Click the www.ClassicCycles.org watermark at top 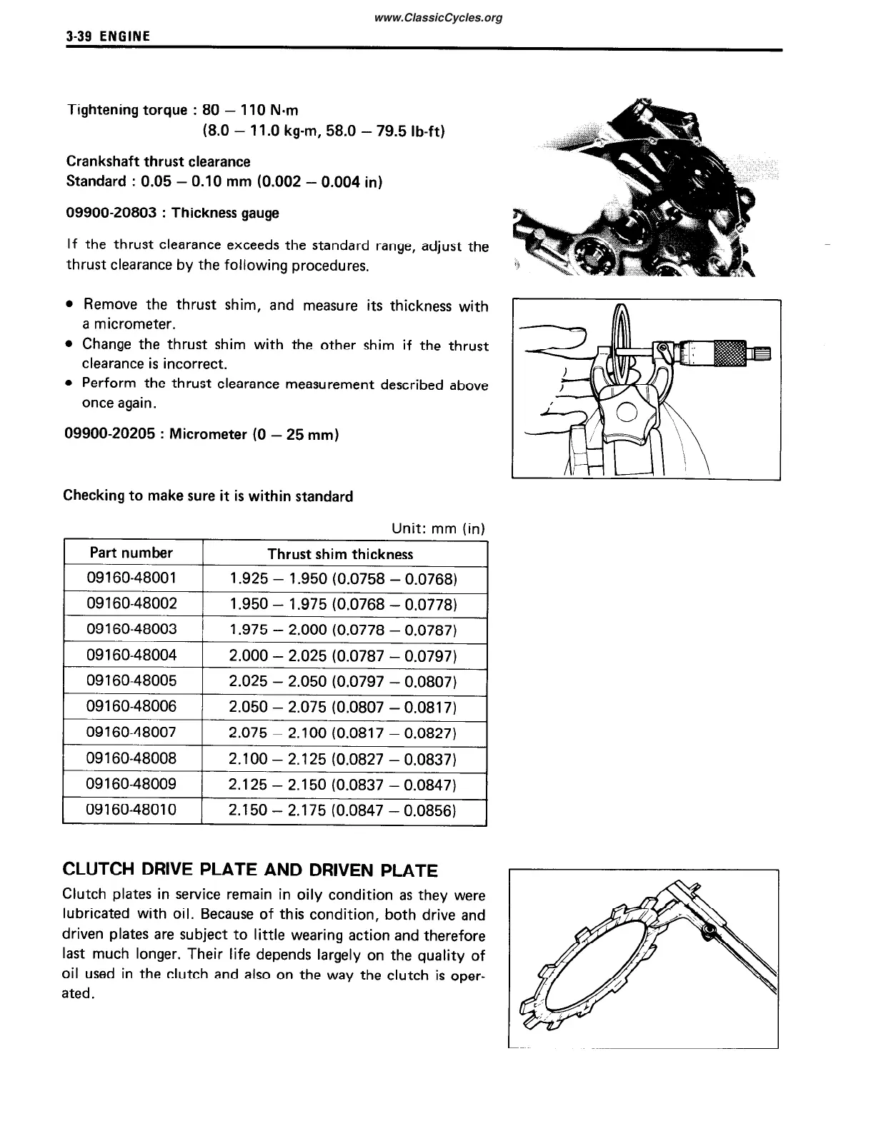(437, 18)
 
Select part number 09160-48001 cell (131, 578)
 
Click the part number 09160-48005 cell (131, 680)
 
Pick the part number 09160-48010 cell (131, 810)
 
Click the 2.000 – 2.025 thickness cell (342, 655)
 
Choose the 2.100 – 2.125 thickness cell (342, 758)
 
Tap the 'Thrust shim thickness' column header (340, 554)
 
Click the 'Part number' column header (131, 553)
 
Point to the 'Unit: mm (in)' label (438, 528)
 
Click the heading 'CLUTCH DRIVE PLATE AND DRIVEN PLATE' (250, 870)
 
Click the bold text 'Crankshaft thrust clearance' (158, 161)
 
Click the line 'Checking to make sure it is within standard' (208, 496)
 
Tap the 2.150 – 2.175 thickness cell (342, 810)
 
